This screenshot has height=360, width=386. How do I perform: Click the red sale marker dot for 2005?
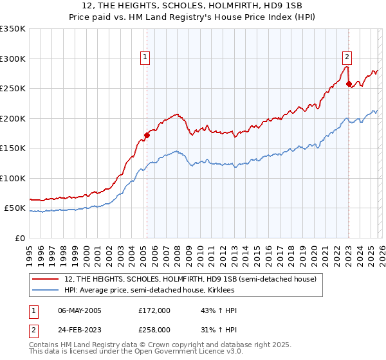(147, 135)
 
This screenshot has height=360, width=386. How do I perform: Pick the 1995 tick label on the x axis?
(30, 251)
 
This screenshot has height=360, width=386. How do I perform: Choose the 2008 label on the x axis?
(178, 251)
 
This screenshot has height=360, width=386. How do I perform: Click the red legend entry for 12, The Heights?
(190, 280)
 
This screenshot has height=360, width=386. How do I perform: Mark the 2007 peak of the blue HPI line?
(175, 152)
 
